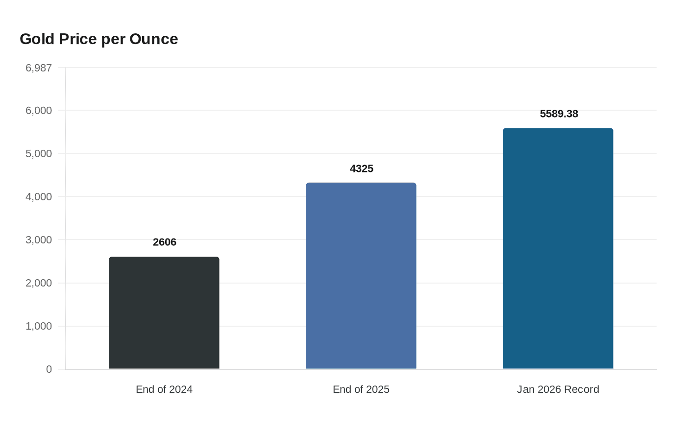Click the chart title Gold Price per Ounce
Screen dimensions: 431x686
[x=98, y=39]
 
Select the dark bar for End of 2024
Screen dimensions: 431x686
[x=164, y=313]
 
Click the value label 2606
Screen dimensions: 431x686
[x=164, y=242]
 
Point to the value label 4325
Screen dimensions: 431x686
[x=361, y=168]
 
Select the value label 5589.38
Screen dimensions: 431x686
[x=559, y=114]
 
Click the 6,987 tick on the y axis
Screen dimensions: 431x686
[x=39, y=68]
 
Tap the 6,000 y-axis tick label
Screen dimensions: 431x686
[x=39, y=110]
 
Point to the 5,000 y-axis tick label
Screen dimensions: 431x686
[x=39, y=153]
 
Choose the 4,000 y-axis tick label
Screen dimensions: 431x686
[x=39, y=196]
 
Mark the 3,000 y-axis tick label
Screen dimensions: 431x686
[x=39, y=239]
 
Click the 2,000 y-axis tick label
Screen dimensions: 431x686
[x=39, y=283]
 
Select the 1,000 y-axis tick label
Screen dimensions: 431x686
[x=39, y=326]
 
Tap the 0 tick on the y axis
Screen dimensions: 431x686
[x=49, y=369]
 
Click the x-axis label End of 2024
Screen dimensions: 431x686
[x=164, y=389]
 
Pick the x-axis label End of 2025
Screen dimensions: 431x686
[x=361, y=389]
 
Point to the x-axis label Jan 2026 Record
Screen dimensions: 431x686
[x=558, y=389]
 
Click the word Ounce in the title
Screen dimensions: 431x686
[x=153, y=39]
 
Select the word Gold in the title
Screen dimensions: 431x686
[x=37, y=39]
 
